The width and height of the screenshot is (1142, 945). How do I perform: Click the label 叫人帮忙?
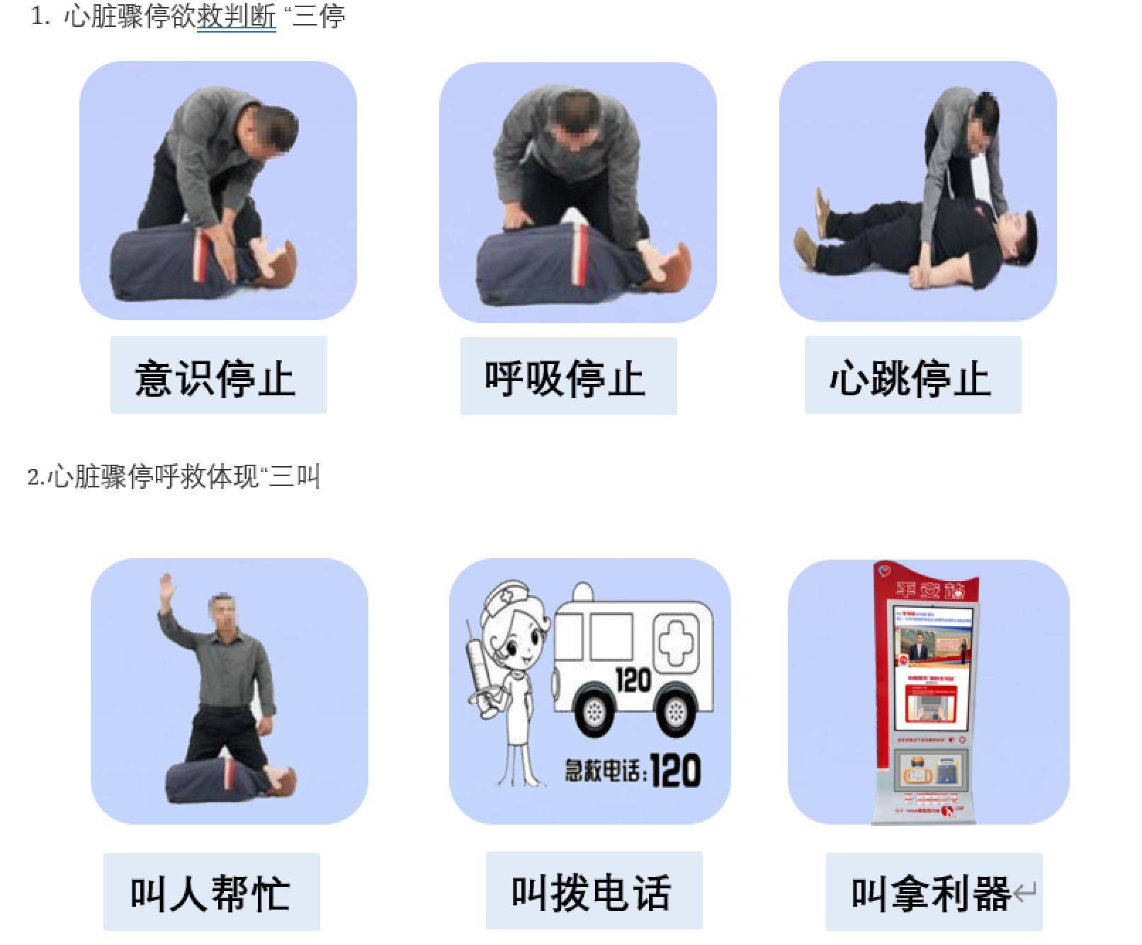click(211, 892)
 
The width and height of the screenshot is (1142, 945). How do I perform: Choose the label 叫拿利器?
click(931, 893)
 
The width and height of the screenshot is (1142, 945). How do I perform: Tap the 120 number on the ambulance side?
click(633, 680)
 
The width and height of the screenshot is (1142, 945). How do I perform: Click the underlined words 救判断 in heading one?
click(236, 16)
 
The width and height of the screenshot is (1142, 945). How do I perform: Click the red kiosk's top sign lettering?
click(929, 590)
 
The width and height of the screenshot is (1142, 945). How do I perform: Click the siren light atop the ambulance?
click(582, 592)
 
